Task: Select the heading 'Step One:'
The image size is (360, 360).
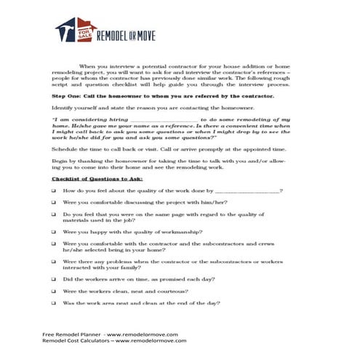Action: tap(68, 95)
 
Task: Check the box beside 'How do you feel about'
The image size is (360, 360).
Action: tap(54, 190)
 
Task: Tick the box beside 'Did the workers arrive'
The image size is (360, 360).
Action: tap(54, 279)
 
